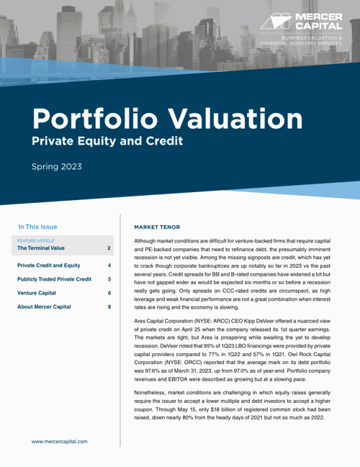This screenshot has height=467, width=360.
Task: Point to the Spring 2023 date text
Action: (56, 167)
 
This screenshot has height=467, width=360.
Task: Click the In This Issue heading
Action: (42, 226)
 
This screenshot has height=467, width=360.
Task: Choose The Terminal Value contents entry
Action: (46, 248)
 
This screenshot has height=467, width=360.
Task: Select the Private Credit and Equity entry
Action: (48, 266)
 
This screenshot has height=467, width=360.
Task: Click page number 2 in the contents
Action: (109, 248)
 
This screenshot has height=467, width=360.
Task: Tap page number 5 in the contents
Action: (109, 279)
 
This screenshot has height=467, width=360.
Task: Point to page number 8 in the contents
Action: (109, 307)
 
